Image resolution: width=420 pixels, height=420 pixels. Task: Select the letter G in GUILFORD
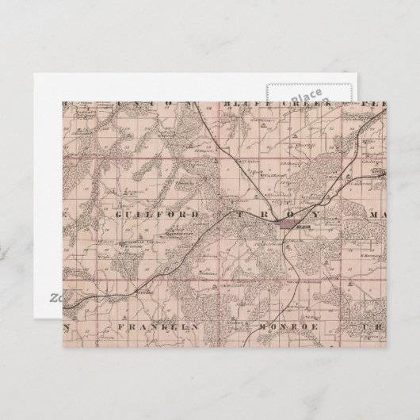(x=117, y=214)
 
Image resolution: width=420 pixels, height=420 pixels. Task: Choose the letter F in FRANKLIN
(x=118, y=326)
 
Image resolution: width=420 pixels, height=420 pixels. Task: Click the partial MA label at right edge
(x=373, y=214)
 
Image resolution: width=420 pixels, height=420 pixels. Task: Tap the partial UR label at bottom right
(x=372, y=326)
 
